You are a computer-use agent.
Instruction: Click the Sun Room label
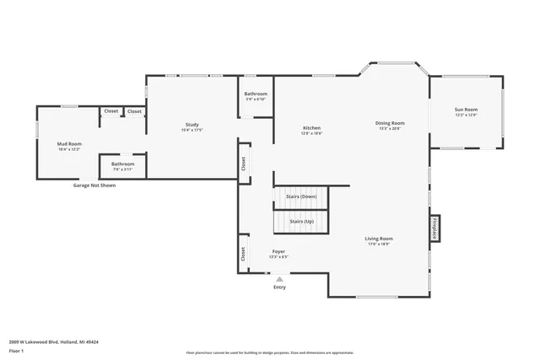(x=466, y=110)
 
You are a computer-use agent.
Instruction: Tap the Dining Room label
(x=389, y=123)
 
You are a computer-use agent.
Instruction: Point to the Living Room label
(x=379, y=239)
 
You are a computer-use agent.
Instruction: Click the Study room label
(x=192, y=125)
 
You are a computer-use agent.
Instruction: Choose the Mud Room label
(x=69, y=144)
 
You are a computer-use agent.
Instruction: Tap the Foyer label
(x=278, y=252)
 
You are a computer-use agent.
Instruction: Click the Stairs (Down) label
(x=302, y=196)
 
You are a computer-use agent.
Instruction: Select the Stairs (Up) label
(x=302, y=222)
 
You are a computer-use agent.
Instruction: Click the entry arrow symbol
(x=279, y=279)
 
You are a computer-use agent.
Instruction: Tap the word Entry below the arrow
(x=279, y=287)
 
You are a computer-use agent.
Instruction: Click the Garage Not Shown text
(x=94, y=185)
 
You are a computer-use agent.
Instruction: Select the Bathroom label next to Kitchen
(x=256, y=94)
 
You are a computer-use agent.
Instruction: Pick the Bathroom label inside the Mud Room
(x=122, y=164)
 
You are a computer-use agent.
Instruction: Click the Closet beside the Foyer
(x=243, y=252)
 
